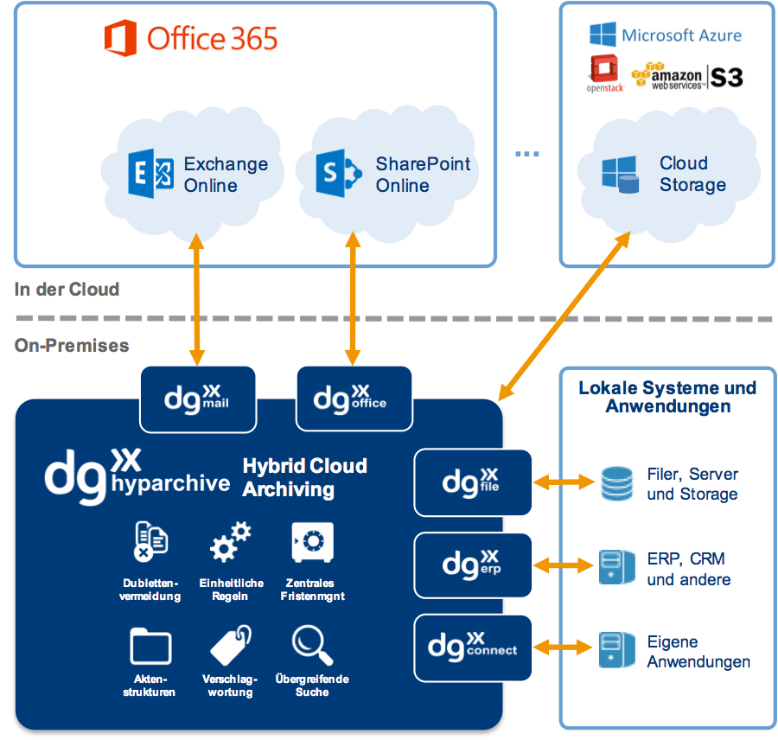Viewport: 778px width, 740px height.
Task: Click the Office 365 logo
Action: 190,39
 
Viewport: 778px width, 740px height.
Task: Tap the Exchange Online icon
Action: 150,175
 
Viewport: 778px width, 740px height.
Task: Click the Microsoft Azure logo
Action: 666,35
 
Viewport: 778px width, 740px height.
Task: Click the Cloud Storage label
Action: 692,174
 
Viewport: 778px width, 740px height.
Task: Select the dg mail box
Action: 198,399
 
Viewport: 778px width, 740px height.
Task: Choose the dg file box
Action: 472,482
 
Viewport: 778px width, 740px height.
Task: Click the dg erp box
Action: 472,565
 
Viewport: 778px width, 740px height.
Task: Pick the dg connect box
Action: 472,647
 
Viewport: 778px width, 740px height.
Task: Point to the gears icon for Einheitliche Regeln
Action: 231,543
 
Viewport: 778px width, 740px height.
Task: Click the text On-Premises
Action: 72,346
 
